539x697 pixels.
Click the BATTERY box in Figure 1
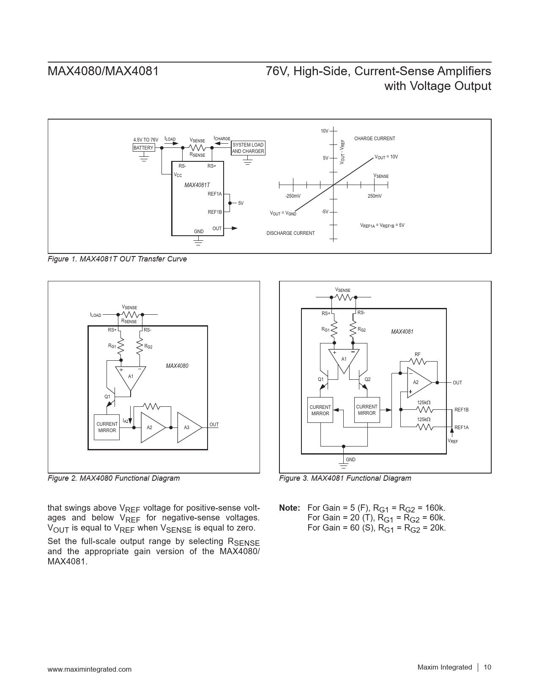pos(143,148)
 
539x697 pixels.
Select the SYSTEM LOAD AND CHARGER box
pos(248,148)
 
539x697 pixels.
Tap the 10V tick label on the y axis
pos(324,131)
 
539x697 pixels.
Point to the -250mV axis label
pos(293,196)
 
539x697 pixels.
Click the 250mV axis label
pos(374,196)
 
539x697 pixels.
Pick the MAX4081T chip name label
pos(197,185)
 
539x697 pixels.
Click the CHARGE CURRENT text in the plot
pos(375,139)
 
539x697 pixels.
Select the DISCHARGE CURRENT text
pos(290,233)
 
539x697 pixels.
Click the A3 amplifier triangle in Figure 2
pos(188,427)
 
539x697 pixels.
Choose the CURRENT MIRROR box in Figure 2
pos(107,427)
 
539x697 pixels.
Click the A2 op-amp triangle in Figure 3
pos(417,382)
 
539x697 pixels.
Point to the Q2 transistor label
pos(367,379)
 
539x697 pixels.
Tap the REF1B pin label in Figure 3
pos(461,410)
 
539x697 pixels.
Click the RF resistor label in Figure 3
pos(417,354)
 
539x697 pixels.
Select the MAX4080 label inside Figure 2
pos(177,366)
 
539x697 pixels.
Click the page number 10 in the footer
pos(487,667)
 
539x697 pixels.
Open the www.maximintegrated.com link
pos(90,669)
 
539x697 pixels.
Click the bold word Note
pos(290,508)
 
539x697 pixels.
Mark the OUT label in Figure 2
pos(214,425)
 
